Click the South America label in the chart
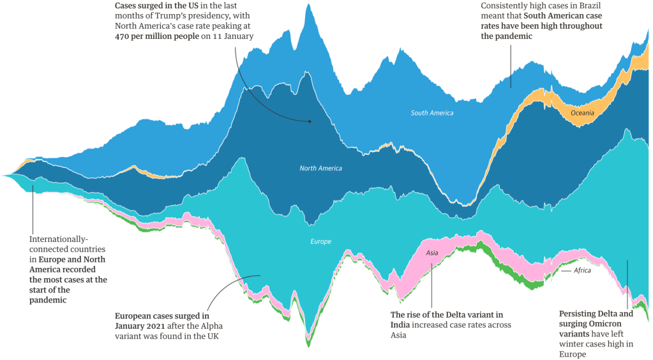click(432, 113)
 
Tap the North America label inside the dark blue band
click(320, 169)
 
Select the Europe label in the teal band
click(320, 242)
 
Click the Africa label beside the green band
click(582, 271)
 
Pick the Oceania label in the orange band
click(582, 113)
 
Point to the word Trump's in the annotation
click(167, 15)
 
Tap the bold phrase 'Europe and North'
click(72, 260)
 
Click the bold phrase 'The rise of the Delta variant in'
click(446, 315)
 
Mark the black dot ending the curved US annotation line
click(310, 121)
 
